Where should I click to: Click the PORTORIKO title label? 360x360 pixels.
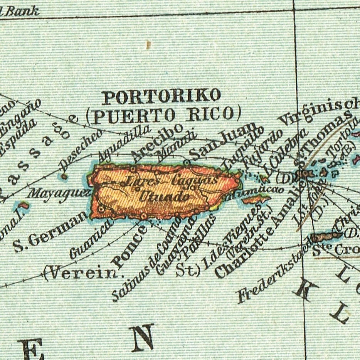(x=161, y=97)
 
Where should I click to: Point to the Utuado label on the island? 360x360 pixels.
(x=164, y=197)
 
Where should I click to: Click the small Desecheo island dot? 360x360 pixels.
(x=64, y=177)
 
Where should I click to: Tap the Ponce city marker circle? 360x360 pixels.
(x=143, y=216)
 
